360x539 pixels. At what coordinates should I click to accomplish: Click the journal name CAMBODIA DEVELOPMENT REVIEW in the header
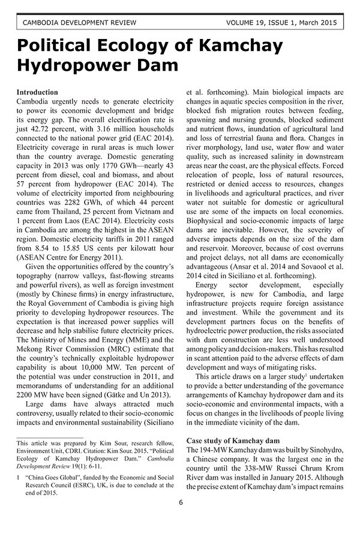pyautogui.click(x=70, y=23)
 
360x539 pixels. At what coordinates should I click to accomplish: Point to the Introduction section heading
pyautogui.click(x=37, y=92)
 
